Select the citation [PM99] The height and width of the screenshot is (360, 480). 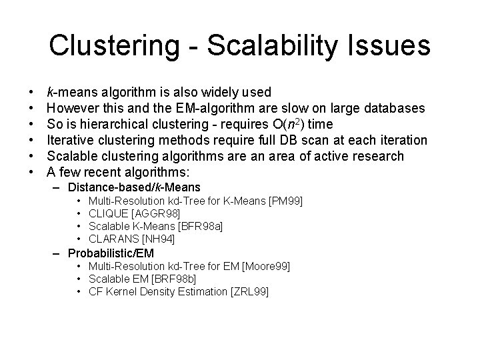[288, 200]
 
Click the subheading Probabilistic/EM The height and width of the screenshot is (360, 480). [111, 253]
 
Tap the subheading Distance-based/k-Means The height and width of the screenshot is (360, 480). [134, 187]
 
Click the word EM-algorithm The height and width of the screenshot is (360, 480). [216, 107]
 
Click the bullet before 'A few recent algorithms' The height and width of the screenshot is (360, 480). [31, 171]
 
